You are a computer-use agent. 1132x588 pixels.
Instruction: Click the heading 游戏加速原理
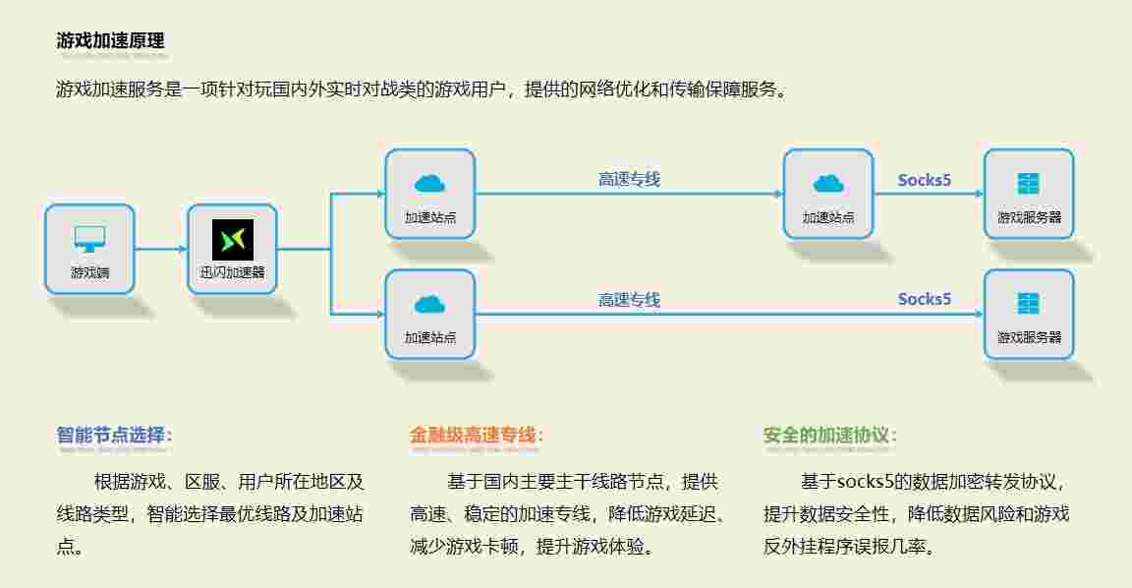tap(110, 40)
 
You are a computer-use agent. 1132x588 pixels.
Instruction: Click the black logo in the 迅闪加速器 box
tap(233, 240)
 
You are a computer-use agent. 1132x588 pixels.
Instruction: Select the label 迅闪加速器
tap(233, 272)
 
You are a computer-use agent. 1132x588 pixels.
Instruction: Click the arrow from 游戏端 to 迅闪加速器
tap(160, 249)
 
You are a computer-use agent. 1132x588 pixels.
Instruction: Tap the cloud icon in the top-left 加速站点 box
tap(429, 183)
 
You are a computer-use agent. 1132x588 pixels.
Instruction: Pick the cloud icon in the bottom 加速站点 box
tap(429, 304)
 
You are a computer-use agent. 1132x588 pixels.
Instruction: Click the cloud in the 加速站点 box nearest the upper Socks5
tap(828, 183)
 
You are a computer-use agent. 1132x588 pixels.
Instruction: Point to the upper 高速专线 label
tap(629, 179)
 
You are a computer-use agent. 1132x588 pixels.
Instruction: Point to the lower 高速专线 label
tap(629, 299)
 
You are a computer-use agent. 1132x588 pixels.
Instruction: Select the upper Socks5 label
tap(925, 180)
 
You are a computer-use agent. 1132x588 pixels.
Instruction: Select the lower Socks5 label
tap(925, 299)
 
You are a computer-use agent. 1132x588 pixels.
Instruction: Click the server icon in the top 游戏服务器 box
tap(1028, 184)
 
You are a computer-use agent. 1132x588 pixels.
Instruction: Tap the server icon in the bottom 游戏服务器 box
tap(1028, 304)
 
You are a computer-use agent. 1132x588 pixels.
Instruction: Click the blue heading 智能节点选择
tap(114, 435)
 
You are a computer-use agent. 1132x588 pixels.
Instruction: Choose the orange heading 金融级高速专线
tap(476, 435)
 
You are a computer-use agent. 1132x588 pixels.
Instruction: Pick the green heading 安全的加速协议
tap(829, 435)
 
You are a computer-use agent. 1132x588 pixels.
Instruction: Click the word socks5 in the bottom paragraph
tap(866, 483)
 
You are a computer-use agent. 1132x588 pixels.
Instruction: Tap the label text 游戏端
tap(89, 272)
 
